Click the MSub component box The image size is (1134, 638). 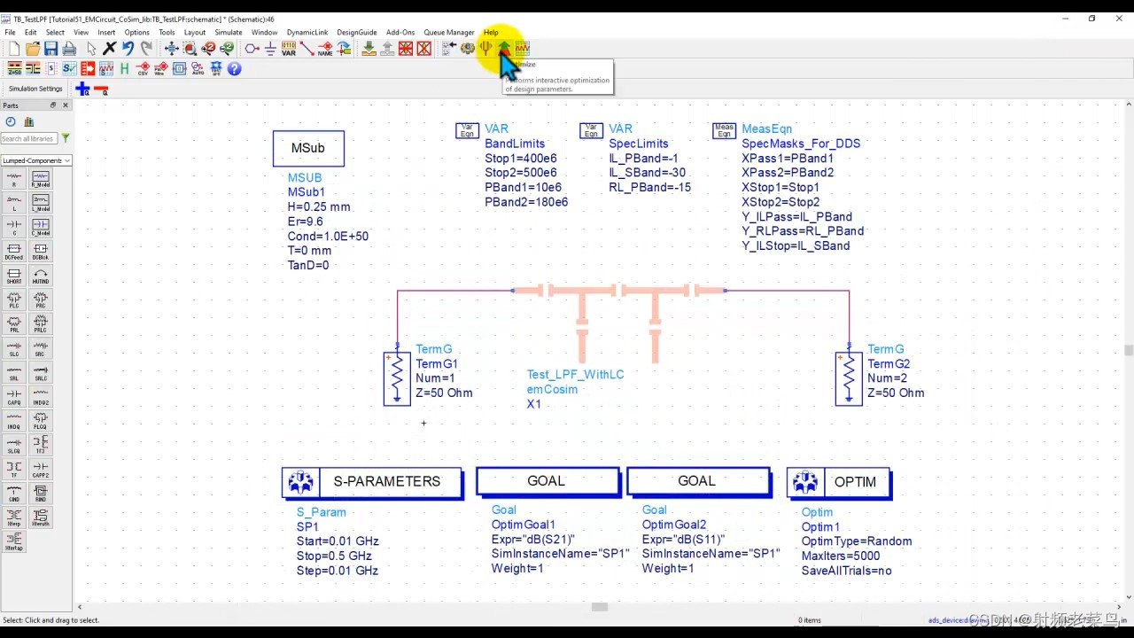307,148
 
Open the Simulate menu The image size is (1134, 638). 228,33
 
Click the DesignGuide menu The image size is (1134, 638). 354,33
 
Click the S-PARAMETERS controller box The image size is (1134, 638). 372,482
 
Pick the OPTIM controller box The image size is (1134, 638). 838,482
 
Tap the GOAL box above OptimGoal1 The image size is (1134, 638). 547,481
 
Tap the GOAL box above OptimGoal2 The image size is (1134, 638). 697,481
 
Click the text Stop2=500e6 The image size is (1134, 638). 520,173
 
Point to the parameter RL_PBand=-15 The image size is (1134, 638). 649,187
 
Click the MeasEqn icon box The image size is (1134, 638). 724,130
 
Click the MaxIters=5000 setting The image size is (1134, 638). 840,556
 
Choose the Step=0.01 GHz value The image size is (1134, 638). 337,571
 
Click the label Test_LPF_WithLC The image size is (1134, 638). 575,375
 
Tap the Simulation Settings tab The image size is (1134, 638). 35,89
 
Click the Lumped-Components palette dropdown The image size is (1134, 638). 36,161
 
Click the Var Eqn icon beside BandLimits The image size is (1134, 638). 467,130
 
